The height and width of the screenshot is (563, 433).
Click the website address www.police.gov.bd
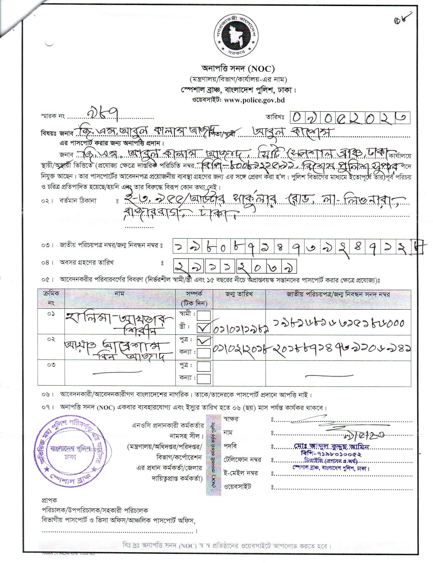click(x=255, y=100)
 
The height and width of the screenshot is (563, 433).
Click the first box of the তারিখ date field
click(x=297, y=117)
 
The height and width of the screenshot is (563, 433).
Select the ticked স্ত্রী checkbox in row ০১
click(x=203, y=329)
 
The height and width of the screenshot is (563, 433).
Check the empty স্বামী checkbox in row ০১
click(x=203, y=315)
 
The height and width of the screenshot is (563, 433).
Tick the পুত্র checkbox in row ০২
click(x=203, y=341)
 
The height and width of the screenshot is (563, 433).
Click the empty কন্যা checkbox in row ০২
click(x=203, y=353)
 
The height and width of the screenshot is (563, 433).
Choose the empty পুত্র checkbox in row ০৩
click(x=203, y=367)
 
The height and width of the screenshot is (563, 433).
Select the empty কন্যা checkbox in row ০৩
click(x=203, y=378)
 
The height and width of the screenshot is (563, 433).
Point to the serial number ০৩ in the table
click(x=51, y=365)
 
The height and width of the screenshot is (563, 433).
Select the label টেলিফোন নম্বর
click(x=243, y=459)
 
